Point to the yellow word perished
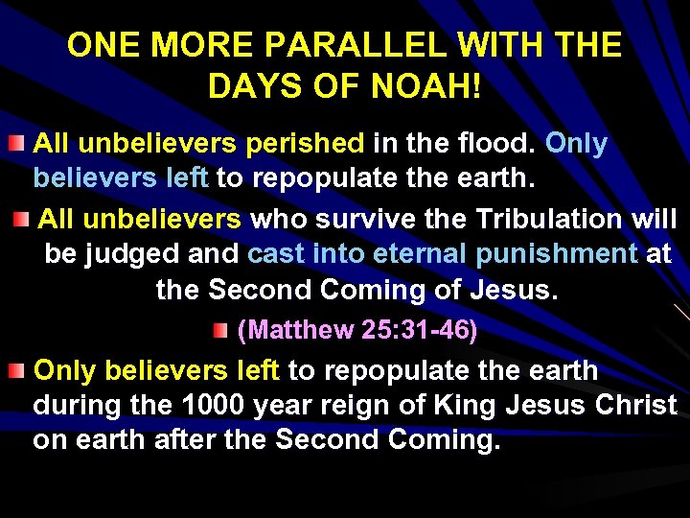[305, 144]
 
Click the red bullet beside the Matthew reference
[221, 331]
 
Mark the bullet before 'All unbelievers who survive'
[22, 220]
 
